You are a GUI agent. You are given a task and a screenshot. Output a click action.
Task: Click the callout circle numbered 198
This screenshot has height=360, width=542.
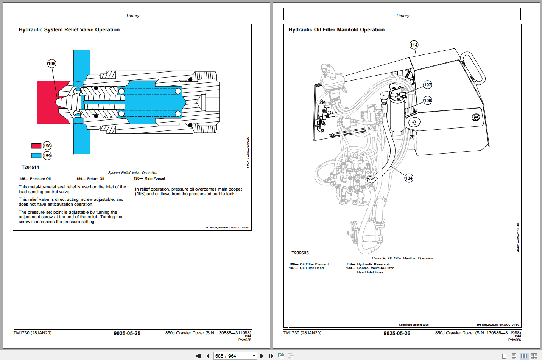coord(51,64)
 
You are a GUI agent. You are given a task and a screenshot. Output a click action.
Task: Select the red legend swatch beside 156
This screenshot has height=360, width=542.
coord(36,146)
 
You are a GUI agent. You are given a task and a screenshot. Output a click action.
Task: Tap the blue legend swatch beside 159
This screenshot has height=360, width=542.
coord(36,155)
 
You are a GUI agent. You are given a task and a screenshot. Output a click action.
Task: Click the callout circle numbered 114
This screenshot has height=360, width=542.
coord(414,45)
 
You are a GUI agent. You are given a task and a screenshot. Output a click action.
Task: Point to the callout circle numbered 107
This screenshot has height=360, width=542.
coord(427,85)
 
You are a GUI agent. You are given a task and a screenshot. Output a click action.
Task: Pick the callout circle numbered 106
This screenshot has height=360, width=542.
coord(427,101)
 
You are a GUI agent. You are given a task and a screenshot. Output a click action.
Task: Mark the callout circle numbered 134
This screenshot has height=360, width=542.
coord(409,178)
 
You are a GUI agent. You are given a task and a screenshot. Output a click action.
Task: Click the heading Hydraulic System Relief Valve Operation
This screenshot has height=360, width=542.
coord(69,29)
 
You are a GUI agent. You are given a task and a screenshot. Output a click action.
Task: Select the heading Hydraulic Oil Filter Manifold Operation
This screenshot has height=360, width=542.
coord(336,29)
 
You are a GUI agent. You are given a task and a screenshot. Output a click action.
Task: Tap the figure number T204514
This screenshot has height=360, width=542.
coord(30,167)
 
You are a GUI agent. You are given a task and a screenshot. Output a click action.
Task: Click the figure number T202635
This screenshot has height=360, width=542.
coord(300,253)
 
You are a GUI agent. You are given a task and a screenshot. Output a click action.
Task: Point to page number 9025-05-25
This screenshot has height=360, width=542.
coord(127,333)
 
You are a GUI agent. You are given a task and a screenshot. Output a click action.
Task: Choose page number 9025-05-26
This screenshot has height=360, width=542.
coord(397,333)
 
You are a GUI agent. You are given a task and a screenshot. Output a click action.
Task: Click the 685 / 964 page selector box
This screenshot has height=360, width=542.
coord(235,356)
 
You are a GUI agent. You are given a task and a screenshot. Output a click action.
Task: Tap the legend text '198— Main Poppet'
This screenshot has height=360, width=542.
coord(149,178)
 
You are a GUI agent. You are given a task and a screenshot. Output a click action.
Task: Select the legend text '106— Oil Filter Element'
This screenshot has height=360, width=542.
coord(309,264)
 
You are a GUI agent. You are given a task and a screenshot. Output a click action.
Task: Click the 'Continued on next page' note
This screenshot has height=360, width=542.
coord(414,325)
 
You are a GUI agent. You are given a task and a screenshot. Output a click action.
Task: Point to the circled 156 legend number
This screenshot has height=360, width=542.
coord(47,146)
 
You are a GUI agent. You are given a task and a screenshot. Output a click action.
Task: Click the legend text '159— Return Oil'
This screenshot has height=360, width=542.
coord(90,179)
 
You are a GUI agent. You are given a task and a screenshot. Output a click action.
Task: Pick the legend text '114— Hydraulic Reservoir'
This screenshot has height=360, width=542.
coord(368,264)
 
